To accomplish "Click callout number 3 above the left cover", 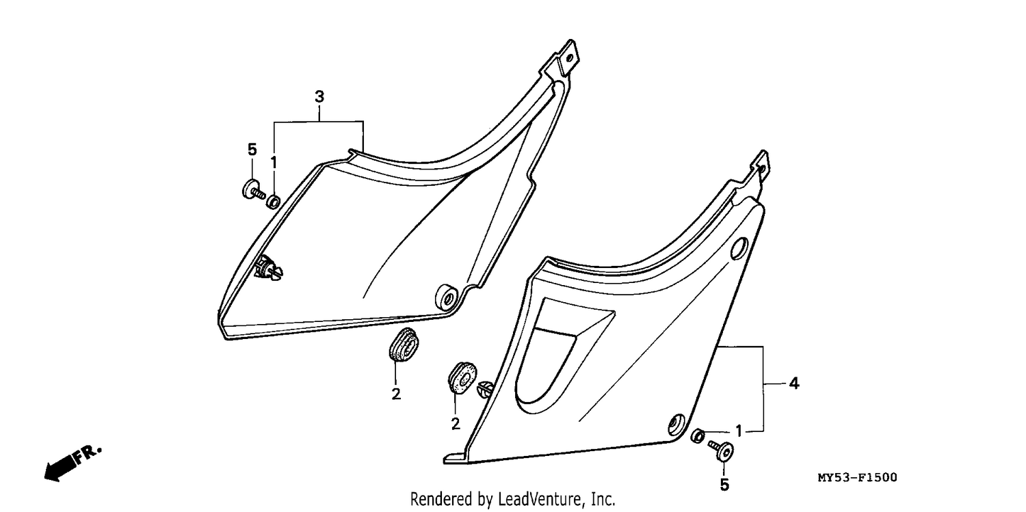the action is pos(319,97).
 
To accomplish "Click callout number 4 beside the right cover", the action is pos(793,383).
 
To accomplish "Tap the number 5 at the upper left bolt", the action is pos(252,149).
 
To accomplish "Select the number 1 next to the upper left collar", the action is pos(274,163).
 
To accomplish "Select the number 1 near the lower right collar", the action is pos(738,431).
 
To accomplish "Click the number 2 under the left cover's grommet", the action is pos(396,394).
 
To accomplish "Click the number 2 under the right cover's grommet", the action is pos(456,424).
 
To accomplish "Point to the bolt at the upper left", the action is pos(253,190).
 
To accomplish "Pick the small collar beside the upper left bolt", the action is pos(274,202).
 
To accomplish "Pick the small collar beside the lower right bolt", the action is pos(697,437).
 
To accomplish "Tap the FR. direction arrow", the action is pos(72,463).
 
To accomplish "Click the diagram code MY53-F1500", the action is pos(858,478).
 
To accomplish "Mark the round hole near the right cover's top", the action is pos(739,248).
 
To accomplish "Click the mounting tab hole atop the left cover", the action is pos(569,59).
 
